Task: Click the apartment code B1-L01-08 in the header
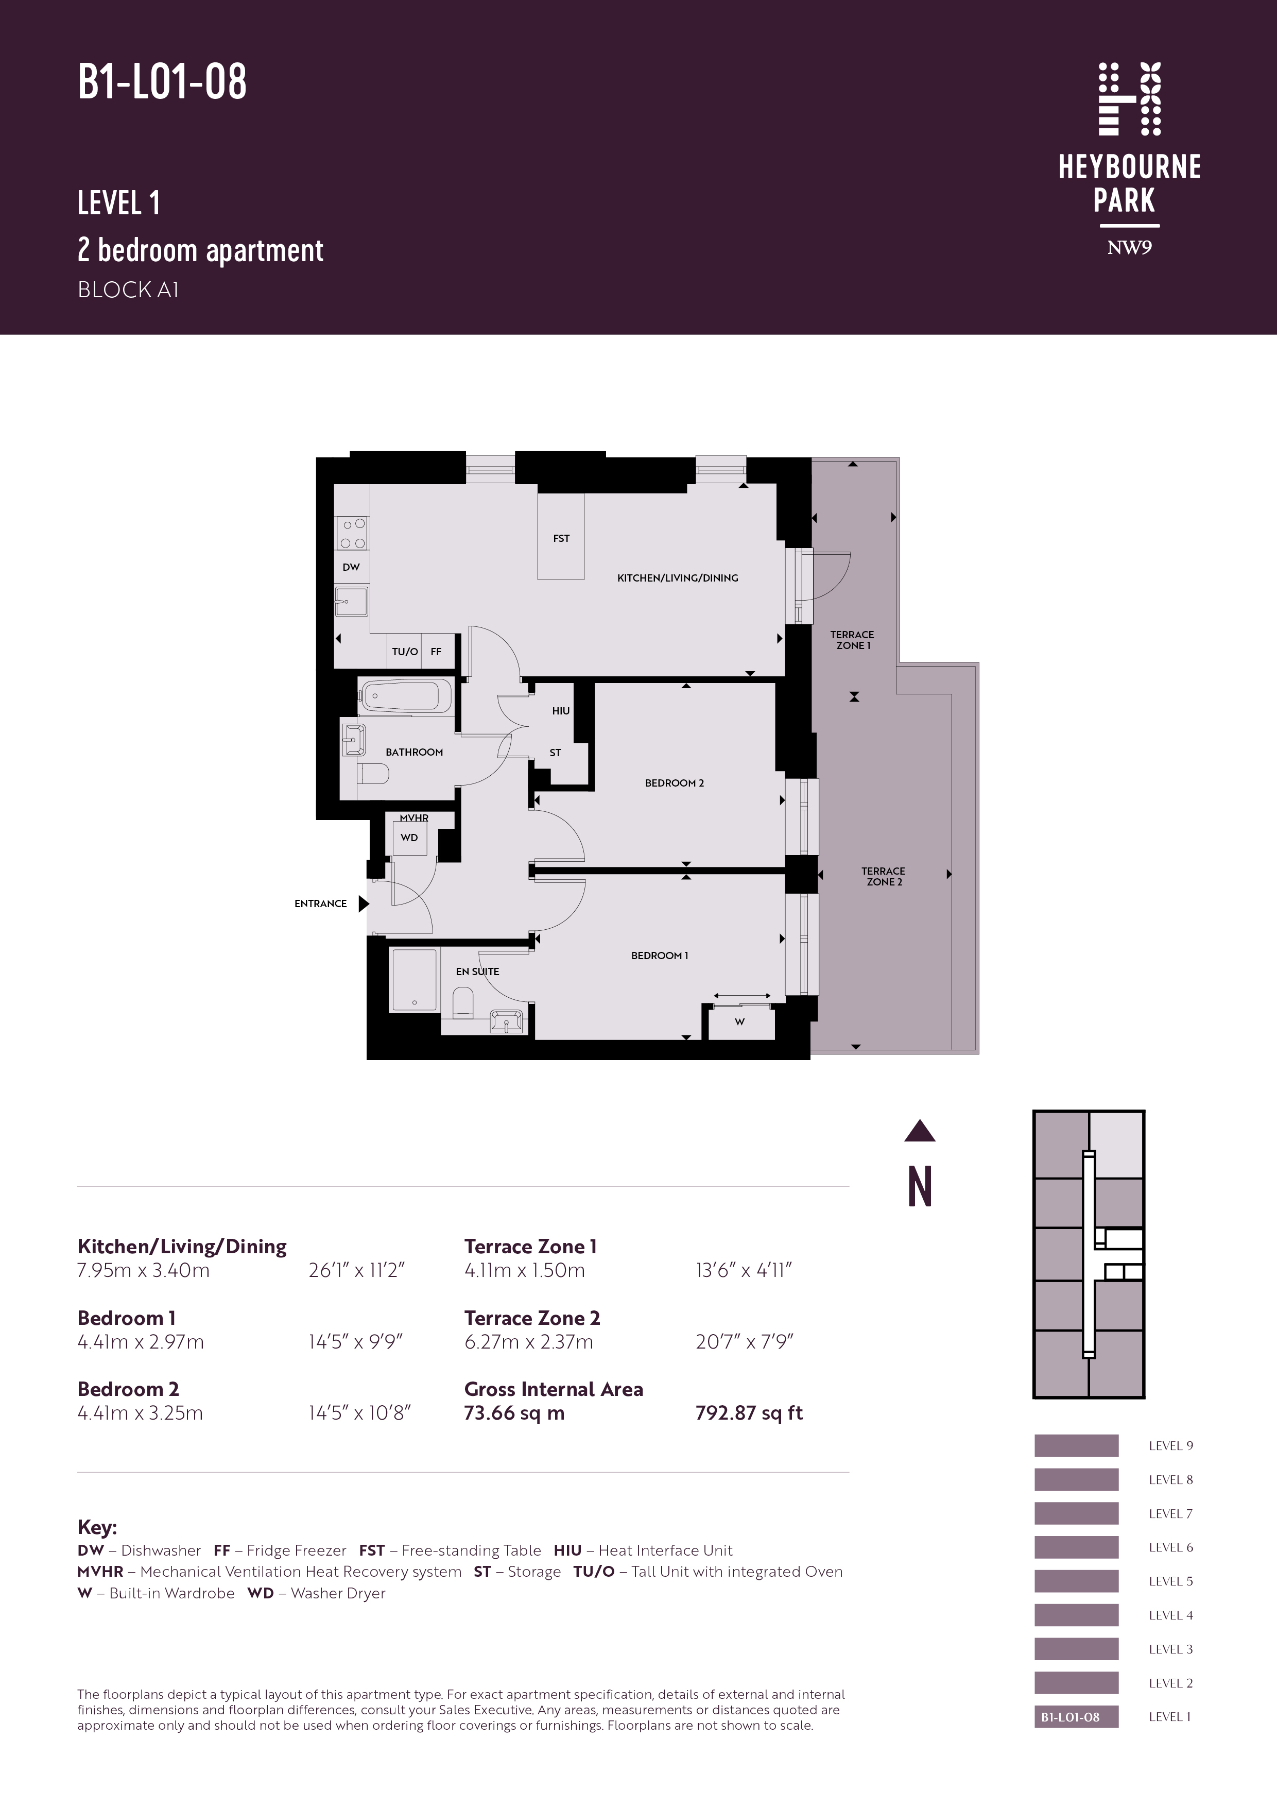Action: (x=162, y=82)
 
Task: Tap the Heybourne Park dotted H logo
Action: (x=1130, y=99)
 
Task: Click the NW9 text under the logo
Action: (x=1129, y=248)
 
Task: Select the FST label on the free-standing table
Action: (x=561, y=538)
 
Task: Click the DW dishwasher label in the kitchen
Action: (x=351, y=567)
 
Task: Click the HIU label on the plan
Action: (x=561, y=711)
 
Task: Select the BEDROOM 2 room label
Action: (x=675, y=783)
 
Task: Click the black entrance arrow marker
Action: (x=364, y=903)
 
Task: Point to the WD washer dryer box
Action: (x=409, y=838)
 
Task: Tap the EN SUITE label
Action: (x=478, y=971)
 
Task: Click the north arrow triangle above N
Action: (x=920, y=1131)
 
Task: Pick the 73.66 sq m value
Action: (x=514, y=1413)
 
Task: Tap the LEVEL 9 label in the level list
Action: (x=1171, y=1446)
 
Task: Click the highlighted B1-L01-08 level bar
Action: (x=1076, y=1717)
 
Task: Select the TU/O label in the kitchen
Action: (x=405, y=652)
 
